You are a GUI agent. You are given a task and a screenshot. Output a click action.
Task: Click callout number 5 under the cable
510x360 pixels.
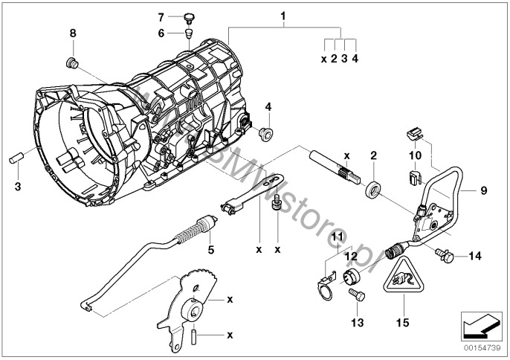pyautogui.click(x=210, y=250)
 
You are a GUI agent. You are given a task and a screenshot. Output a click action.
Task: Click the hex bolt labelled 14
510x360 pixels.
pyautogui.click(x=443, y=256)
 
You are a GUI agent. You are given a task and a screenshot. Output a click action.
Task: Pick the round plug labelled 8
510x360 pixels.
pyautogui.click(x=73, y=61)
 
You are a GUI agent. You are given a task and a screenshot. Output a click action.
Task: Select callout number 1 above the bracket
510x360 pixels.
pyautogui.click(x=282, y=15)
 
